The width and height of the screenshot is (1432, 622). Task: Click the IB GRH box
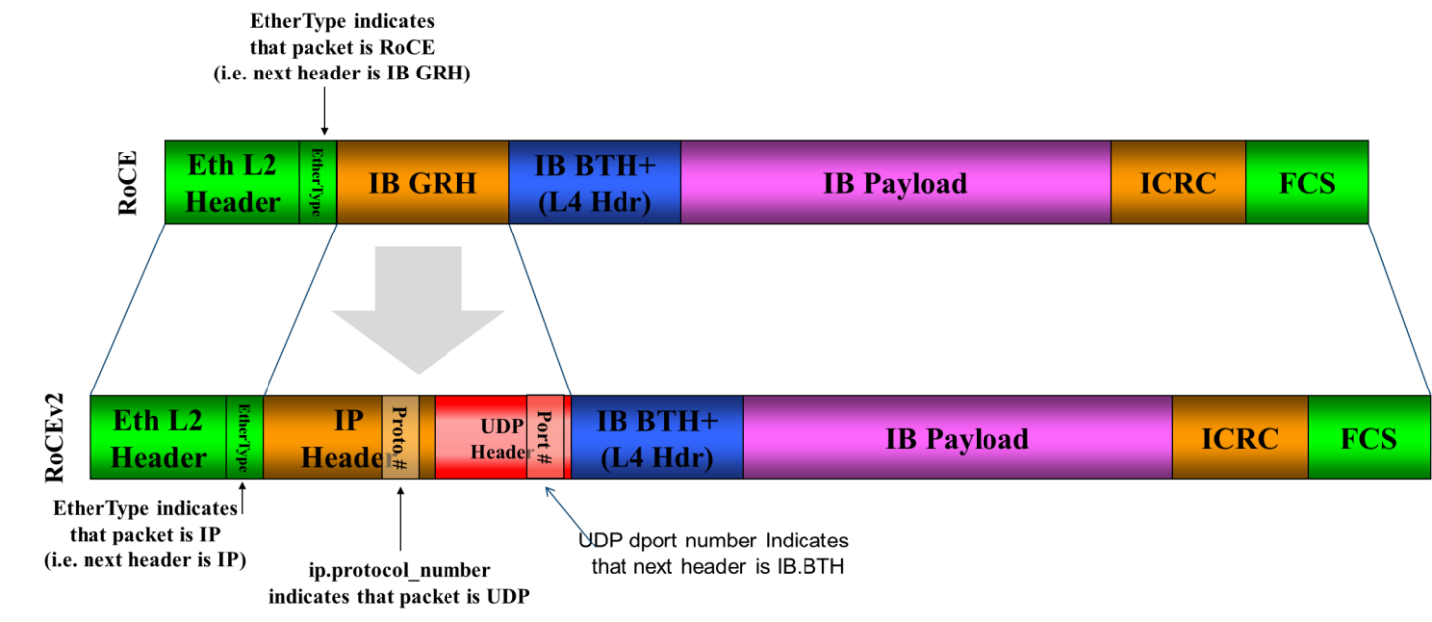click(423, 182)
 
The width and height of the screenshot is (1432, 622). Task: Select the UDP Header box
click(480, 437)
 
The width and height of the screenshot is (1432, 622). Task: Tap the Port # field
click(545, 437)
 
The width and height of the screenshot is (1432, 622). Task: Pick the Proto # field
click(400, 437)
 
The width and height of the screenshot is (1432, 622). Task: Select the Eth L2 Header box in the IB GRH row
click(233, 182)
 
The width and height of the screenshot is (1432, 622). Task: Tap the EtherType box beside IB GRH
click(318, 182)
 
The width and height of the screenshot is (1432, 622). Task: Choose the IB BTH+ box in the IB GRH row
click(594, 182)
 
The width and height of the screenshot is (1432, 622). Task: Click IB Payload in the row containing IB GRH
click(895, 182)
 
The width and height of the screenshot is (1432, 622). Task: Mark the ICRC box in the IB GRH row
click(1177, 182)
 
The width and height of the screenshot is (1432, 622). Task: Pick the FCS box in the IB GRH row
click(1306, 182)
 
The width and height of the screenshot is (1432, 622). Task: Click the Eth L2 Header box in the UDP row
click(158, 437)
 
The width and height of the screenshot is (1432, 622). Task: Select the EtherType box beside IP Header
click(244, 437)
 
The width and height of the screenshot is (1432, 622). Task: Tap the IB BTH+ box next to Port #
click(656, 437)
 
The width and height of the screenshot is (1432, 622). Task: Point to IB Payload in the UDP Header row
click(957, 437)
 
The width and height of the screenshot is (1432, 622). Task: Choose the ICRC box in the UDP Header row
click(1239, 437)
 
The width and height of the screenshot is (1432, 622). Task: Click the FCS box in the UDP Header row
click(1368, 437)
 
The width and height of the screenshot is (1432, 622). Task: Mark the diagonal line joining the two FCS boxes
click(1399, 308)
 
